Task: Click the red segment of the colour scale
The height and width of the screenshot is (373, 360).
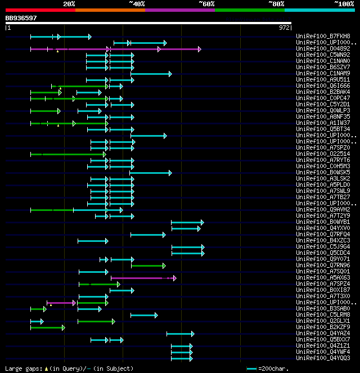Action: click(x=40, y=10)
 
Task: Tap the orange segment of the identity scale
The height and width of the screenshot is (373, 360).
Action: click(x=110, y=10)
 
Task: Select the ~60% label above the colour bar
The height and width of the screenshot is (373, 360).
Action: click(x=206, y=4)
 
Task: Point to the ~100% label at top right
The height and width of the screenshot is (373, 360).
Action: click(x=344, y=4)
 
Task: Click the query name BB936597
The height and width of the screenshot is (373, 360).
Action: click(x=21, y=18)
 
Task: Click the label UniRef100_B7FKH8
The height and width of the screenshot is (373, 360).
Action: click(x=323, y=37)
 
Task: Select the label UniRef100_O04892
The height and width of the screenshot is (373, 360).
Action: click(x=323, y=49)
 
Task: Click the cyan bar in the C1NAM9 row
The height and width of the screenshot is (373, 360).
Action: click(x=151, y=74)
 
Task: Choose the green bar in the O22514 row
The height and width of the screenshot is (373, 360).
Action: click(x=67, y=154)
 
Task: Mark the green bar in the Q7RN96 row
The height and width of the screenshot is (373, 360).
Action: click(x=148, y=266)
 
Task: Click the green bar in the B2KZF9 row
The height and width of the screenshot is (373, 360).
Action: click(x=47, y=327)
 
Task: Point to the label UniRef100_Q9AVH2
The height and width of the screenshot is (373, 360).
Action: click(x=323, y=210)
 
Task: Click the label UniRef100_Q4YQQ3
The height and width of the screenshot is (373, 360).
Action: click(x=323, y=358)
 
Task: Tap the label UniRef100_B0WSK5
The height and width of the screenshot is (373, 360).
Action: click(x=323, y=173)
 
